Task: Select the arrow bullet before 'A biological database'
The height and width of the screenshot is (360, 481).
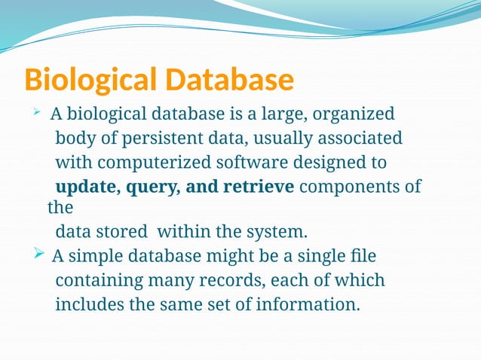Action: pyautogui.click(x=36, y=114)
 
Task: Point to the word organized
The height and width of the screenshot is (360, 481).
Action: pyautogui.click(x=354, y=114)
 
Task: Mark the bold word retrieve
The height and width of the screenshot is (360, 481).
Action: pyautogui.click(x=257, y=187)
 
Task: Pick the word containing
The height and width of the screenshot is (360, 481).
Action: pyautogui.click(x=94, y=281)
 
